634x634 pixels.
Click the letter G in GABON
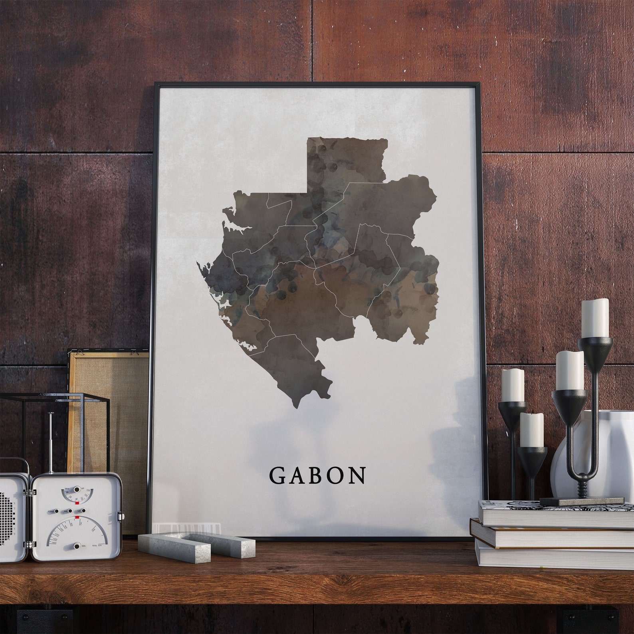[277, 475]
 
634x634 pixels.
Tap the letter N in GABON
[356, 475]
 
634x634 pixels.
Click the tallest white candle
[595, 318]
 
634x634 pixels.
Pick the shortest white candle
[531, 430]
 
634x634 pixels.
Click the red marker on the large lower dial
[77, 518]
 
